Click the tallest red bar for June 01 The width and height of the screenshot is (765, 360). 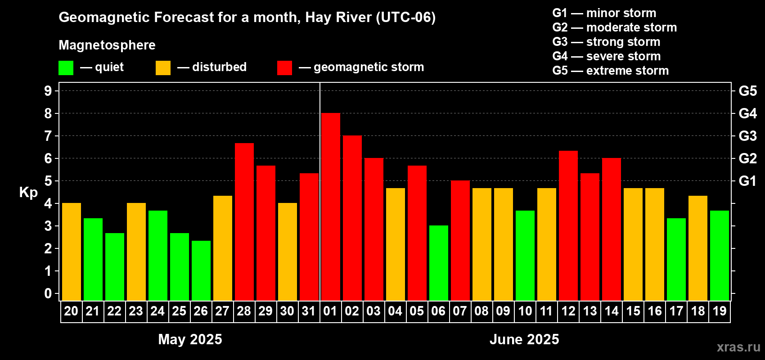[330, 207]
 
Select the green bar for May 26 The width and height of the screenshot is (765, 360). [201, 270]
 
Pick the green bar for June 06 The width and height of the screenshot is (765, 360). [438, 263]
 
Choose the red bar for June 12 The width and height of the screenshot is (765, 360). [568, 225]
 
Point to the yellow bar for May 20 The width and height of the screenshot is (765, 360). [71, 252]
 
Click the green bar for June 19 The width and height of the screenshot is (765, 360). [719, 255]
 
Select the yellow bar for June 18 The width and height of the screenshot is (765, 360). [697, 248]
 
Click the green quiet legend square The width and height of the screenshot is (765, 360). [66, 68]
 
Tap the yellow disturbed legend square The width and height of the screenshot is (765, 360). [163, 68]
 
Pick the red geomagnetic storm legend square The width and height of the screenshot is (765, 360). [284, 68]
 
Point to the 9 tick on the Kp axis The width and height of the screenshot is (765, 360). [48, 91]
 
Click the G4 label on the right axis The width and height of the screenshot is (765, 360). [747, 113]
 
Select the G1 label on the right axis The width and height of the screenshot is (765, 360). [747, 181]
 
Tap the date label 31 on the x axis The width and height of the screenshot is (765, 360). [309, 311]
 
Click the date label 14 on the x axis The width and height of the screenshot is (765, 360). [611, 311]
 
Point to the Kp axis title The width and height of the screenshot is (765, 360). [28, 192]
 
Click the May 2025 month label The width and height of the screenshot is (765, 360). [190, 339]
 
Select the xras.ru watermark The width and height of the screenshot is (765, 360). [738, 347]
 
